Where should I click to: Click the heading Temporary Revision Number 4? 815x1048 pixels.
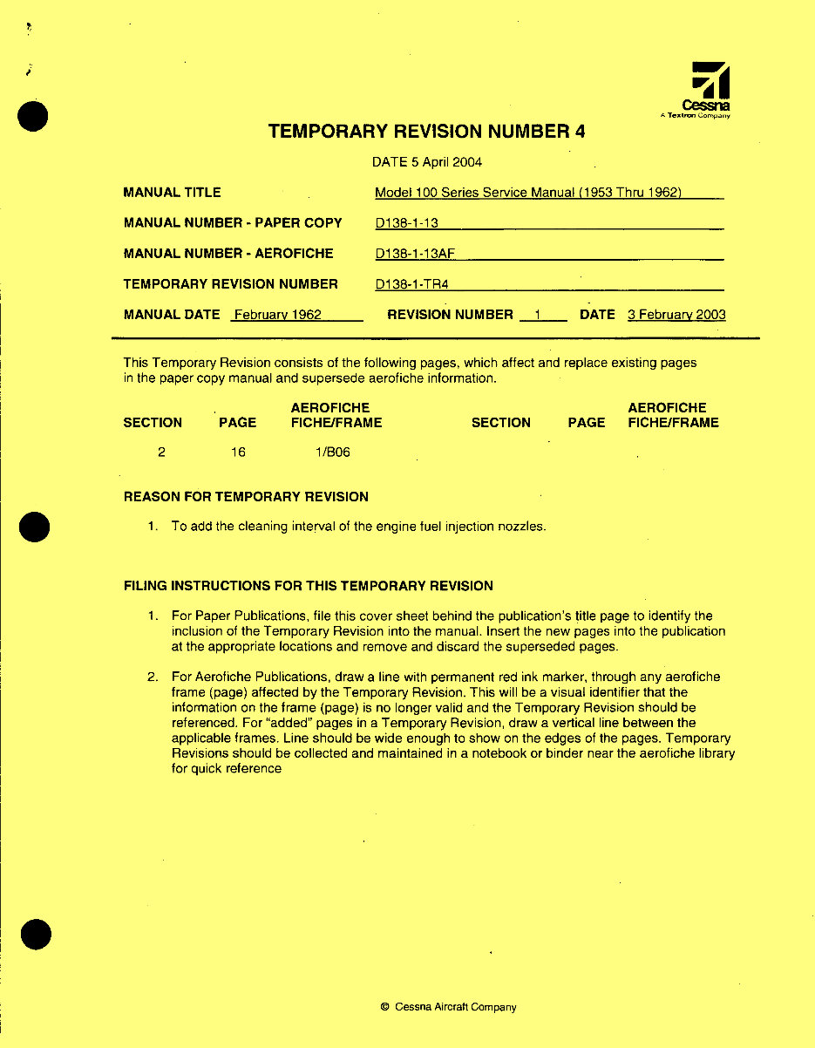pos(426,132)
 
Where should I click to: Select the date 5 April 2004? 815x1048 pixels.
pos(427,162)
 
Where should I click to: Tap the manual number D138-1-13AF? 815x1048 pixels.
pos(416,254)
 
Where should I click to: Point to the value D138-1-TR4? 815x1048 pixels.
pos(411,284)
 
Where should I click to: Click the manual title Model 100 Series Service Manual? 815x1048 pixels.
pos(527,193)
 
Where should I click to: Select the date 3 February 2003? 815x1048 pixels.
pos(676,315)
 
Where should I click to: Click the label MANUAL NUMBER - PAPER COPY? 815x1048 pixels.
pos(233,223)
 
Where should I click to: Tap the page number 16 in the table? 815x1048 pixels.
pos(238,452)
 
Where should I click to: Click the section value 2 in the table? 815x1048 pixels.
pos(162,452)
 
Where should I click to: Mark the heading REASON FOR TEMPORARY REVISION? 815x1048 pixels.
pos(246,497)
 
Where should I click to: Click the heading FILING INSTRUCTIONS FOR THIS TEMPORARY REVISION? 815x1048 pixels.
pos(309,586)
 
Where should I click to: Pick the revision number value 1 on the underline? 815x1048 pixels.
pos(539,315)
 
